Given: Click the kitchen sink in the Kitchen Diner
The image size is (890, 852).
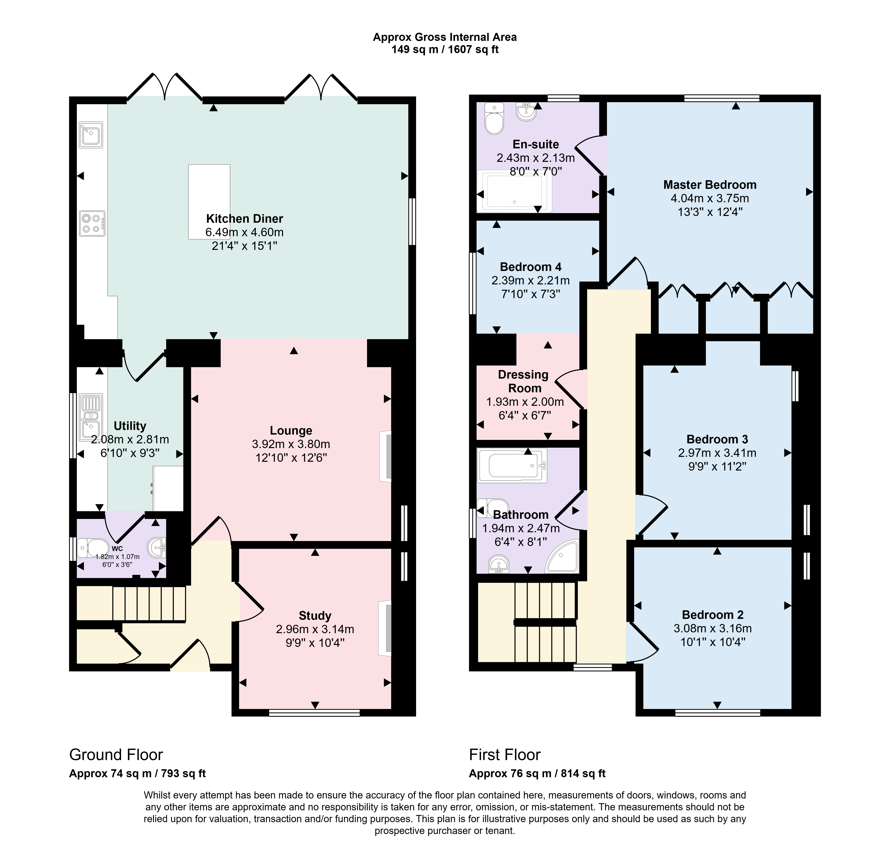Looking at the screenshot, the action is pyautogui.click(x=91, y=134).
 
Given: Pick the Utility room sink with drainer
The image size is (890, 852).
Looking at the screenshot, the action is pyautogui.click(x=90, y=418).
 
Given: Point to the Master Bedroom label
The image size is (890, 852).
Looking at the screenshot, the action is pyautogui.click(x=710, y=185).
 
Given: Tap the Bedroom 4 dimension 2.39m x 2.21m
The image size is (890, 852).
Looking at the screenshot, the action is pyautogui.click(x=530, y=281).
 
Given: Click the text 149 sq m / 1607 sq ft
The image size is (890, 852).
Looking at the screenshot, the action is pyautogui.click(x=445, y=49).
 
